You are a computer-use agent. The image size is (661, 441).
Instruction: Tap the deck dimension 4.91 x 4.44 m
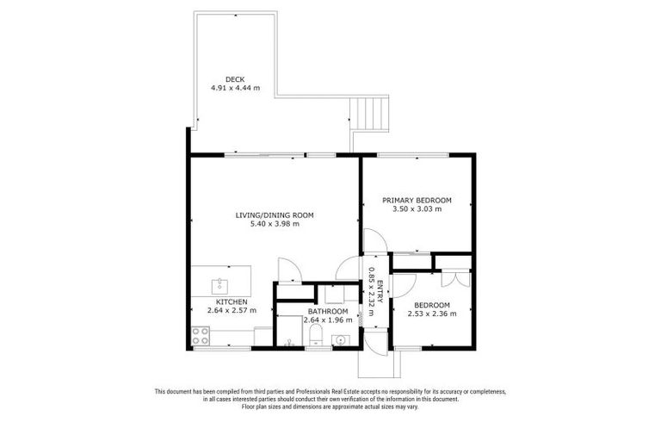(234, 88)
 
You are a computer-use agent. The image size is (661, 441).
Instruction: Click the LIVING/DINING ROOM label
(275, 214)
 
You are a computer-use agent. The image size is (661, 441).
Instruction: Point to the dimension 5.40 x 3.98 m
(275, 224)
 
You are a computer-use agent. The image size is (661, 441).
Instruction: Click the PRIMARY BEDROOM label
(417, 200)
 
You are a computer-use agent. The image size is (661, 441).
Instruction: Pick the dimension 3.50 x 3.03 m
(417, 209)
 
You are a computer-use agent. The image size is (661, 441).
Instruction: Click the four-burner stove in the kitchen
(201, 333)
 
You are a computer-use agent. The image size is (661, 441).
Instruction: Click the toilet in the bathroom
(315, 331)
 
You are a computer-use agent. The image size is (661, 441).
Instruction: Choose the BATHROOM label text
(328, 311)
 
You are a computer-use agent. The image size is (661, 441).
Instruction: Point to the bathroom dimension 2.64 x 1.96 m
(328, 320)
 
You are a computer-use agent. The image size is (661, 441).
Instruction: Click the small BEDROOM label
(431, 305)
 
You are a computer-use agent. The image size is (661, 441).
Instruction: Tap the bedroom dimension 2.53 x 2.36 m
(431, 314)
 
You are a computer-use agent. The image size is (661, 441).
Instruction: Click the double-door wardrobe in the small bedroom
(454, 277)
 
